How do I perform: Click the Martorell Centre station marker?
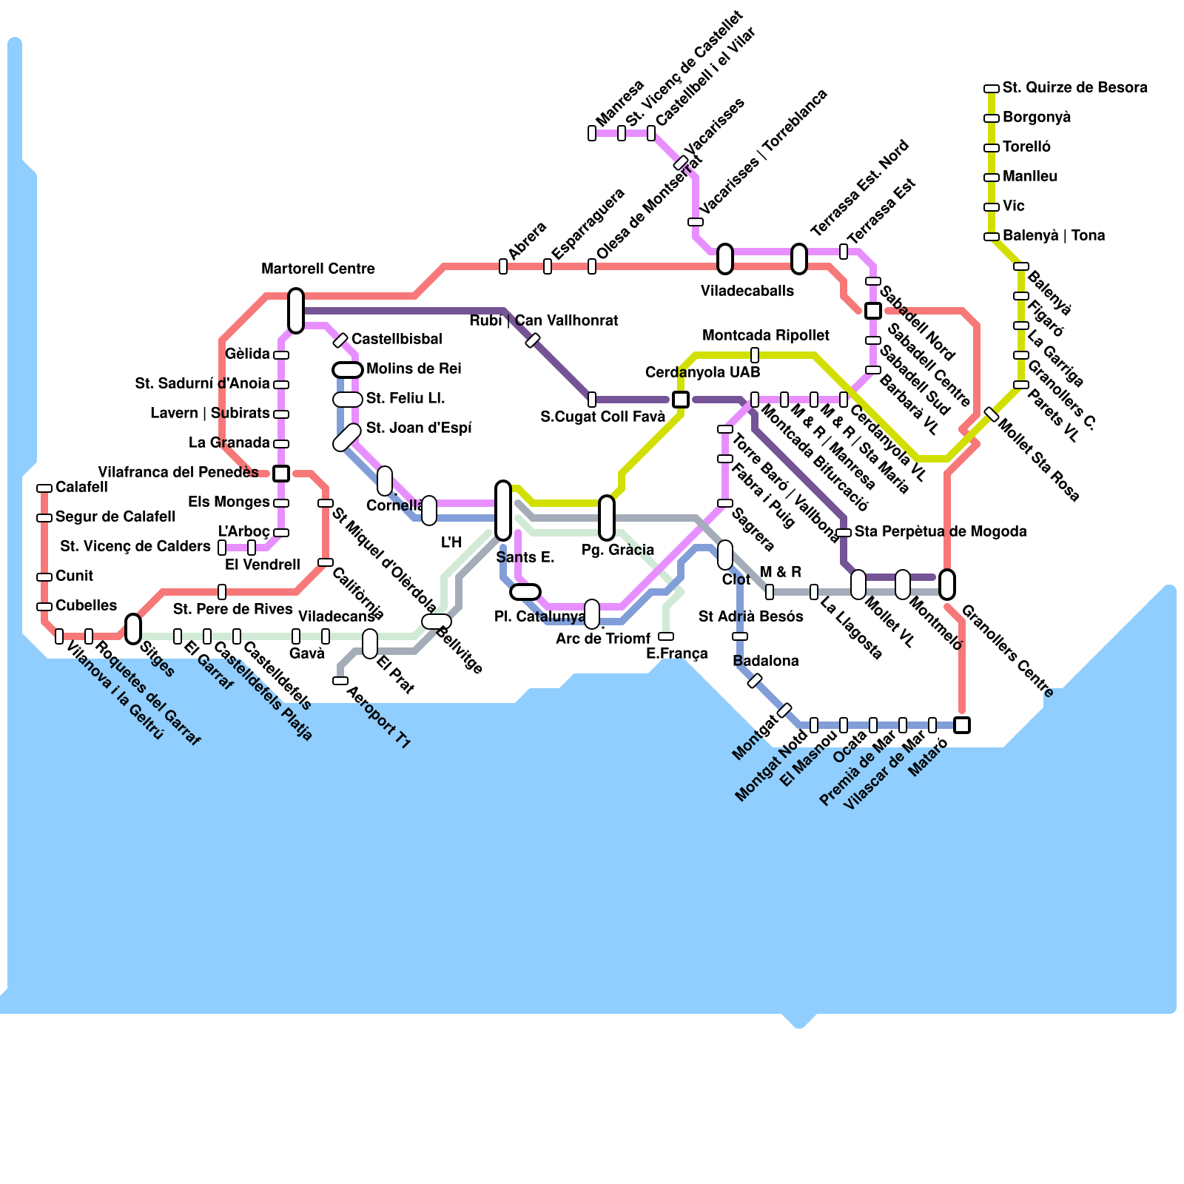[296, 311]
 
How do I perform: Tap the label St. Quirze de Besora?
[1074, 88]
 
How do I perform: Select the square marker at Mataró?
[962, 725]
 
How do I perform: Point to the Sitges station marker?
[133, 629]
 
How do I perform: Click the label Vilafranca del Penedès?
[178, 472]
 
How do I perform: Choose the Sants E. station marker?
[503, 511]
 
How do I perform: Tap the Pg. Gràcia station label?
[618, 550]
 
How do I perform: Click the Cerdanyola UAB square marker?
[681, 400]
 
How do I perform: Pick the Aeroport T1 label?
[378, 717]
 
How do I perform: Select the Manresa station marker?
[592, 133]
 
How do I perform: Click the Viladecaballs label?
[747, 291]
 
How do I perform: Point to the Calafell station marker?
[44, 488]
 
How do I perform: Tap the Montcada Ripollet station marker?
[755, 355]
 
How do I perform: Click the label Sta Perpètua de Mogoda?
[941, 531]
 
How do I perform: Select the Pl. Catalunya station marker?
[525, 592]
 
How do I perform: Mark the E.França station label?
[677, 653]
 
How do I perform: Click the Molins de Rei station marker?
[348, 370]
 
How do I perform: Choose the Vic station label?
[1014, 206]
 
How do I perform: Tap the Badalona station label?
[766, 661]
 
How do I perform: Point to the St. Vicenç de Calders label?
[135, 546]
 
